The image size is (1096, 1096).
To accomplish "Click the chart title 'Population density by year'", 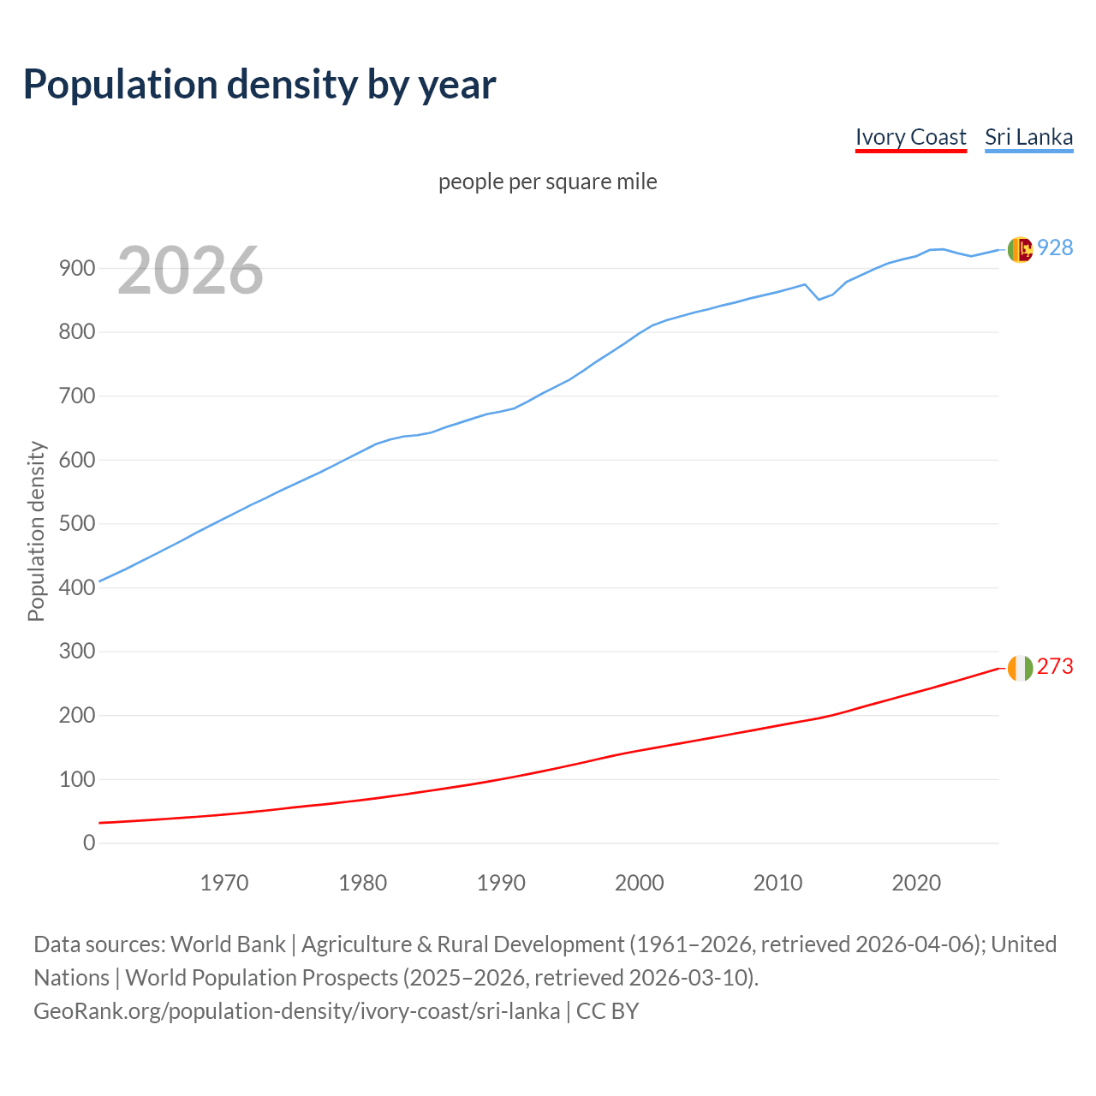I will pos(259,84).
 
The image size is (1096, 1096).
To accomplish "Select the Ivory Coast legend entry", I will pos(910,137).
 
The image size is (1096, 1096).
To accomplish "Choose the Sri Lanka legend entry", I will pos(1028,137).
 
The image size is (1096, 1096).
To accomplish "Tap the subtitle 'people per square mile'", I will pos(547,182).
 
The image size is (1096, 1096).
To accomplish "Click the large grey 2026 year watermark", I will pos(190,271).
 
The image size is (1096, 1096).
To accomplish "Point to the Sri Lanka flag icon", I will pos(1019,249).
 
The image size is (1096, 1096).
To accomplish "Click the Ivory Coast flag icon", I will pos(1019,668).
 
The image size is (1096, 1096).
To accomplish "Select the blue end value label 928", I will pos(1055,247).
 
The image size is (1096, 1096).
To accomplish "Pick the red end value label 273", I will pos(1055,666).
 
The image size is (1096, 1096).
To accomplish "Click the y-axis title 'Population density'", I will pos(36,531).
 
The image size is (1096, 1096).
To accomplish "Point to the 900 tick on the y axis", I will pos(77,268).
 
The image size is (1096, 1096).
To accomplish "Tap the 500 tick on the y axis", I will pos(77,523).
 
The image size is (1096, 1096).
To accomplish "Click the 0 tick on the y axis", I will pos(89,843).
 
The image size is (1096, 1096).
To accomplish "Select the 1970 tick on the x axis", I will pos(224,882).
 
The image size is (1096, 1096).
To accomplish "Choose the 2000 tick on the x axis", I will pos(640,882).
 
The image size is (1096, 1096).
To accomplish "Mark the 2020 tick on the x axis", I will pos(916,882).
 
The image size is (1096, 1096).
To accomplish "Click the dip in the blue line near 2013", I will pos(819,299).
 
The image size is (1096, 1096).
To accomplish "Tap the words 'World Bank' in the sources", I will pos(228,944).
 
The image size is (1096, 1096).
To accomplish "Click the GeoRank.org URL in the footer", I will pos(296,1010).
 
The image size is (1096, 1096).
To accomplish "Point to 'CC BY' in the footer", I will pos(607,1010).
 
